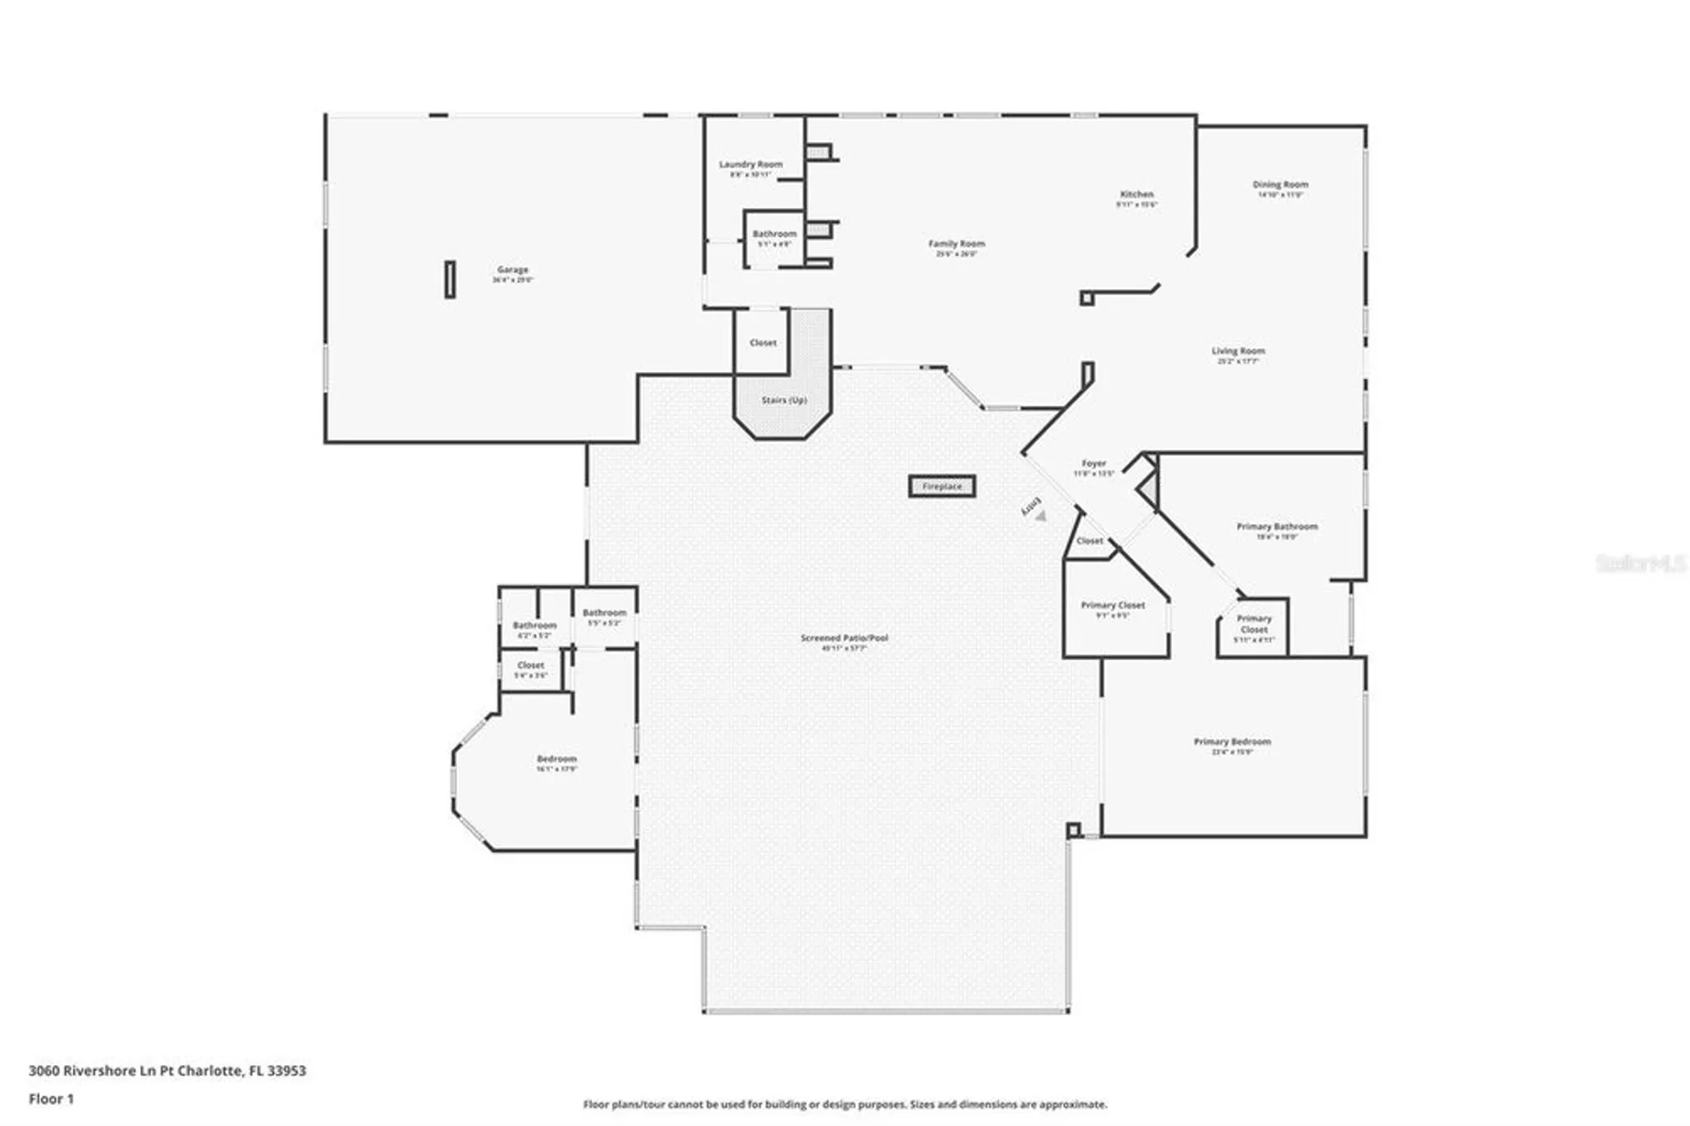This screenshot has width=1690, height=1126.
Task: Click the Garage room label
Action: [x=513, y=271]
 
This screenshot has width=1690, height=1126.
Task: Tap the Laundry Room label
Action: [x=750, y=165]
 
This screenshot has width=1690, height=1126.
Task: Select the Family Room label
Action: [x=957, y=244]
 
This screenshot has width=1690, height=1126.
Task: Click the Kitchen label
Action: [x=1137, y=194]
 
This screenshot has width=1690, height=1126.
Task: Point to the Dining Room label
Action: [x=1280, y=184]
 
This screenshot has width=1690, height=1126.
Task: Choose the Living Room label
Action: [x=1238, y=351]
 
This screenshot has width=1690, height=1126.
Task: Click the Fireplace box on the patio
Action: [x=942, y=486]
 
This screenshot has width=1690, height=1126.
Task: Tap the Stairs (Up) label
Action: [x=784, y=400]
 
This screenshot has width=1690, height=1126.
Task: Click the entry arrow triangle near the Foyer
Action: [x=1041, y=516]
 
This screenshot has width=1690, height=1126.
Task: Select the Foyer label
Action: [x=1093, y=464]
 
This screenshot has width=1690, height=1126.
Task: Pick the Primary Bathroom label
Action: [x=1277, y=527]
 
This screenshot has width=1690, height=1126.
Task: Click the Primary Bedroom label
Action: [x=1232, y=741]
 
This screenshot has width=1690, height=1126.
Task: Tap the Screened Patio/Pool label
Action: [x=844, y=638]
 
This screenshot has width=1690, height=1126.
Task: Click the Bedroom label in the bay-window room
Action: [x=557, y=759]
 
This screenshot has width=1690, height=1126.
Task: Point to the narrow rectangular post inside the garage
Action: [x=450, y=279]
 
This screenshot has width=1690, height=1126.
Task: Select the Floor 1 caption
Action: [x=52, y=1099]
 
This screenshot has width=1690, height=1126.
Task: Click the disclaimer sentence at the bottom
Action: [x=845, y=1104]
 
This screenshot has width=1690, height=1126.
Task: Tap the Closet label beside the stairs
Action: [x=763, y=343]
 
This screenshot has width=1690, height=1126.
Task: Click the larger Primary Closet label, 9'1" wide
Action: [x=1113, y=605]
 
